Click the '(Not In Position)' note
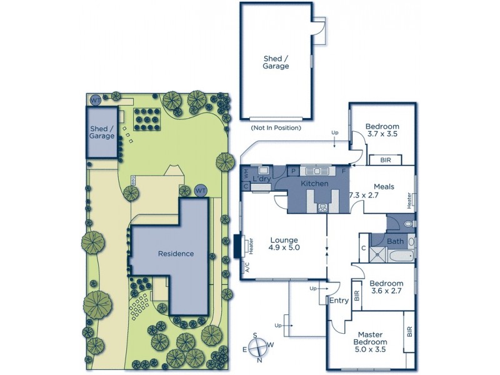point(275,127)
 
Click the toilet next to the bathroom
point(408,223)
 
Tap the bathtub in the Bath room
point(395,255)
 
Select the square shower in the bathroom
point(378,253)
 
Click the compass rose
point(260,348)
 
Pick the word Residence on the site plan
point(176,254)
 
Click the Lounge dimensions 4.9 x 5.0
point(283,248)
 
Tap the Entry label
point(339,301)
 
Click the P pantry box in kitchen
point(292,171)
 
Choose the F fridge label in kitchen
point(342,171)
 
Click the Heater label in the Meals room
point(410,201)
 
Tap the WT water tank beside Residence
point(201,190)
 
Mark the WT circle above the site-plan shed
point(95,100)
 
